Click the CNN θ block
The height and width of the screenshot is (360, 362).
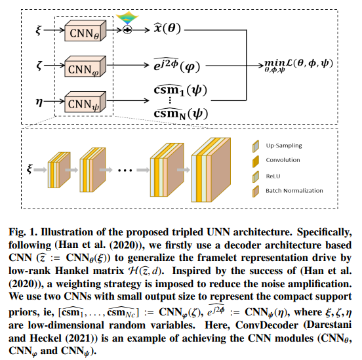[85, 31]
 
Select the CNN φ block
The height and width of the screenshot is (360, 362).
[85, 66]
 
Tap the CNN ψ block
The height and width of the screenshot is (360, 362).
[85, 102]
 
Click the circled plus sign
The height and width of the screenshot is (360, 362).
[127, 30]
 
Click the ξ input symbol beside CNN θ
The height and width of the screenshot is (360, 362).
[38, 30]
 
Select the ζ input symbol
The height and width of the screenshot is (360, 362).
[39, 65]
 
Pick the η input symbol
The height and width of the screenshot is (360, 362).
[39, 102]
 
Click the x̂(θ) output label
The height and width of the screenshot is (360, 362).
[167, 28]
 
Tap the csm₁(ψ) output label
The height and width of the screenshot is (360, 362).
[180, 90]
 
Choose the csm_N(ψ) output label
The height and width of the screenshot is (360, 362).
[181, 113]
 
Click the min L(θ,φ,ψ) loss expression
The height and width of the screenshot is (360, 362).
[298, 66]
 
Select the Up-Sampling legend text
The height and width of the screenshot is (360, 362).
[284, 146]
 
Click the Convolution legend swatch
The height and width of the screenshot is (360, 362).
[256, 161]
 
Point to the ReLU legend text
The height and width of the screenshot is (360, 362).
[273, 176]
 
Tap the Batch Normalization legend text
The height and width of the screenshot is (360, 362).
[294, 191]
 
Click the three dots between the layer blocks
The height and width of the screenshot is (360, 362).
[125, 170]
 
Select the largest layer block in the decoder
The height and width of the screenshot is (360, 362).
[211, 170]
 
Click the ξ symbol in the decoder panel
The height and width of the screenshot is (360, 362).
[30, 169]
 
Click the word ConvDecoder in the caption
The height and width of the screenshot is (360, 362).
[267, 325]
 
